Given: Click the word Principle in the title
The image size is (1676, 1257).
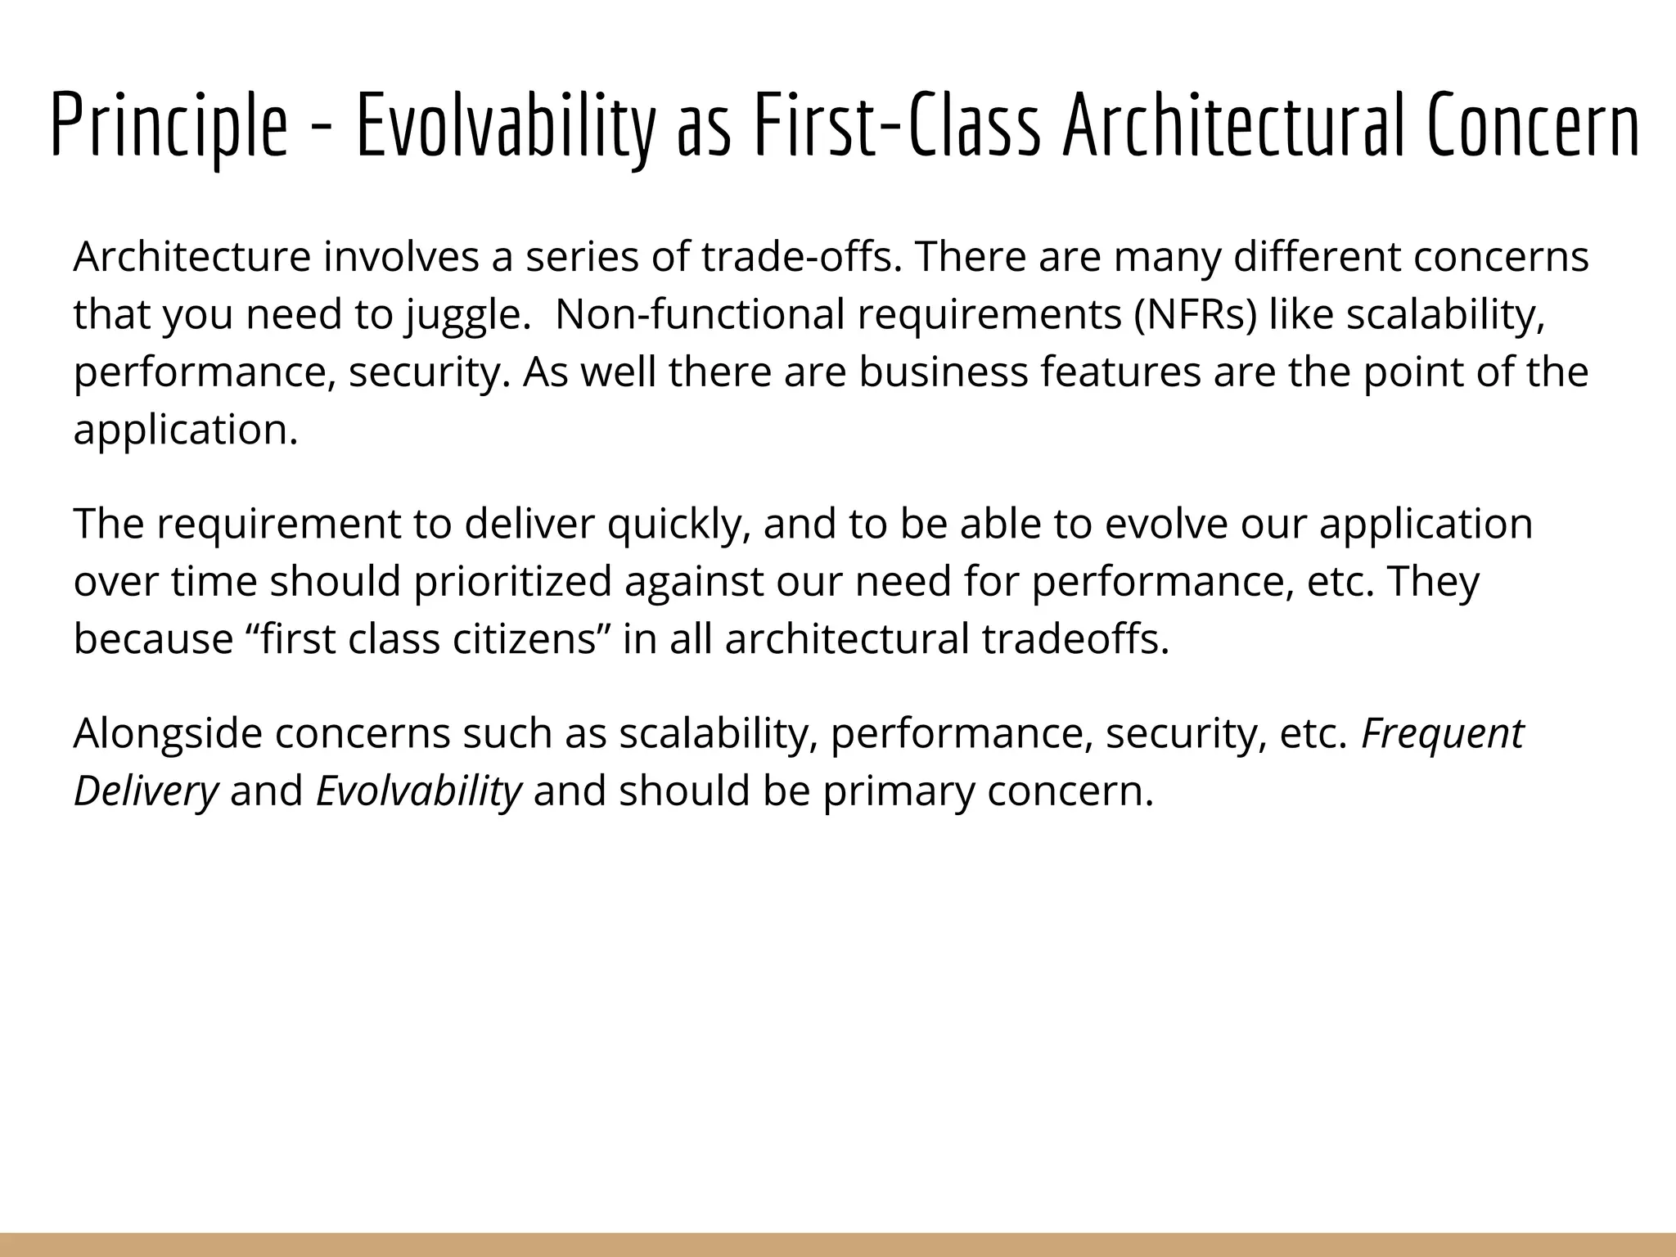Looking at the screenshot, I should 169,124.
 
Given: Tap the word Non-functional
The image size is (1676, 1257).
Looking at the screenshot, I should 699,315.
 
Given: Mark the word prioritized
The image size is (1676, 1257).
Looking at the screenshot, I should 512,582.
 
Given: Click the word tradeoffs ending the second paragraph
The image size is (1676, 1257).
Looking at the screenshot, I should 1075,639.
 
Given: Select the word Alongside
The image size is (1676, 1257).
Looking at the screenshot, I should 168,733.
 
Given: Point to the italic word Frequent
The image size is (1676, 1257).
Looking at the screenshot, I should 1442,733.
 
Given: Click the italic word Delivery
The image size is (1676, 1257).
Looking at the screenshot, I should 146,791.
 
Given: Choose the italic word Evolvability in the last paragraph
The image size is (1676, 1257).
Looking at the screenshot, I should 418,791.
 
